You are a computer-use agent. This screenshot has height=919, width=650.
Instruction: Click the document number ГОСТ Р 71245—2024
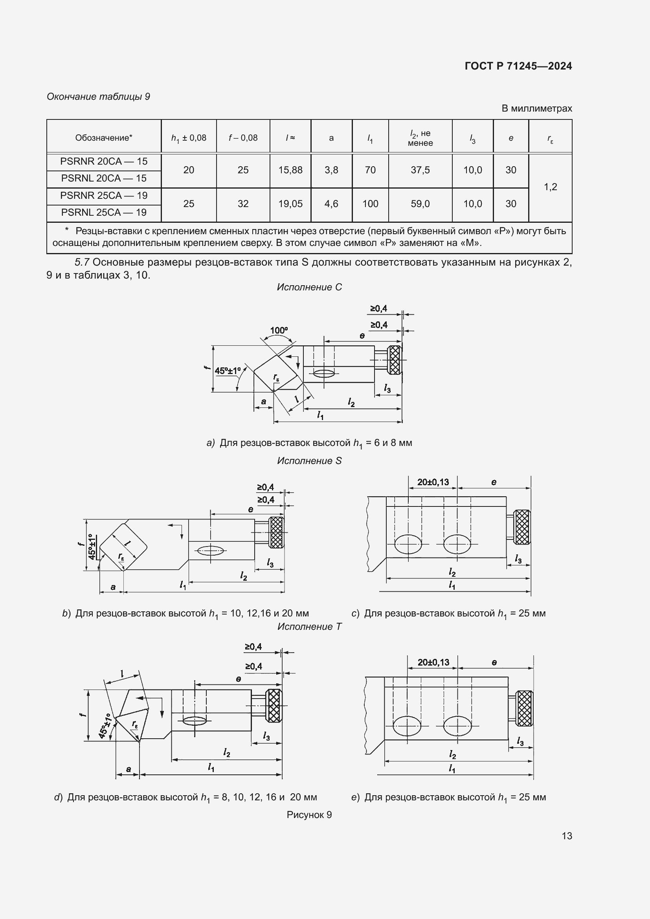pyautogui.click(x=518, y=66)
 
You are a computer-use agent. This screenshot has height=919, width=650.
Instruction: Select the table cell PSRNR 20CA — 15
pyautogui.click(x=104, y=161)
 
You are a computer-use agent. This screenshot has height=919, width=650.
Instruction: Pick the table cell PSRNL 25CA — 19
pyautogui.click(x=104, y=213)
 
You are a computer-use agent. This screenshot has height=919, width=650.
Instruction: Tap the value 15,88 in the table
pyautogui.click(x=290, y=170)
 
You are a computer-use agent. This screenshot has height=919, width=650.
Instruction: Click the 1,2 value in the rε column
pyautogui.click(x=550, y=187)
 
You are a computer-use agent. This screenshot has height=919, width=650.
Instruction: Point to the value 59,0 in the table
pyautogui.click(x=420, y=204)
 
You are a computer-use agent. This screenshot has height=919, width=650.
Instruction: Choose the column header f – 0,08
pyautogui.click(x=243, y=138)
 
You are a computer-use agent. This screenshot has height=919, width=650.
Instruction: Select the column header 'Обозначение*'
pyautogui.click(x=104, y=138)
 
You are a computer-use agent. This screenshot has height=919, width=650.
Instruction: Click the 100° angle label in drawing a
pyautogui.click(x=279, y=330)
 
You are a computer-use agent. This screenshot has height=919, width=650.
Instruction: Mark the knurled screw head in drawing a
pyautogui.click(x=395, y=360)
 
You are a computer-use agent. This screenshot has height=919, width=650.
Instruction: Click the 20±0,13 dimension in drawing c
pyautogui.click(x=433, y=482)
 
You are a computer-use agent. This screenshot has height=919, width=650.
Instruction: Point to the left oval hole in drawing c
pyautogui.click(x=408, y=544)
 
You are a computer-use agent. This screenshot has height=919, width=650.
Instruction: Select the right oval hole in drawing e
pyautogui.click(x=457, y=726)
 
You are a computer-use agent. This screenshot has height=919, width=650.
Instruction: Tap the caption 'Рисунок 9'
pyautogui.click(x=309, y=815)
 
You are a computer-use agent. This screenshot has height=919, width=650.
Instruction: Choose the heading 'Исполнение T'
pyautogui.click(x=309, y=627)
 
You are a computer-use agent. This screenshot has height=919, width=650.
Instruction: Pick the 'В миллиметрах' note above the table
pyautogui.click(x=536, y=108)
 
